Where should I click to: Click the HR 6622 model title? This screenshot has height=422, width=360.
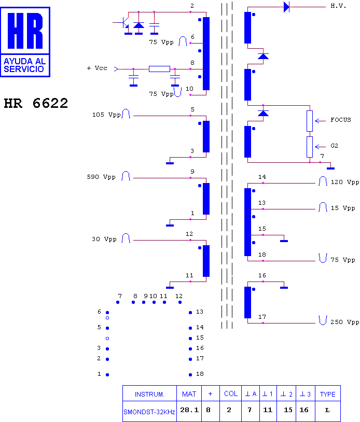coord(36,103)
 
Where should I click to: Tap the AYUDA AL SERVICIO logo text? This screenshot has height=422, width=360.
coord(24,65)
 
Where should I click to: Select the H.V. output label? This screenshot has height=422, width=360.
coord(338,6)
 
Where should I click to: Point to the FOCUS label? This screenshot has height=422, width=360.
coord(341,120)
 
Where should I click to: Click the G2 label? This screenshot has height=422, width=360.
coord(334,146)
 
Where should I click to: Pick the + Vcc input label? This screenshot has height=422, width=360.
coord(97,68)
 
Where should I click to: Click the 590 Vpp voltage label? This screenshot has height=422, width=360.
coord(101,177)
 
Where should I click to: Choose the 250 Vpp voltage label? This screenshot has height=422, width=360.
coord(344,322)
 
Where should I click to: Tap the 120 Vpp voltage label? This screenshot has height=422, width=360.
coord(344,182)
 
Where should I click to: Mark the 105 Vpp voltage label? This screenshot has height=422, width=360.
coord(106,115)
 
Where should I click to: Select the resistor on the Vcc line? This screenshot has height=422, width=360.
coord(159,69)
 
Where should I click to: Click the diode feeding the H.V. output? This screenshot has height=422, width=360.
coord(287,7)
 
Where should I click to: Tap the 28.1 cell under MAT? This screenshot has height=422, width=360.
coord(189,410)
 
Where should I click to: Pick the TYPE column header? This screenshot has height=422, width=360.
coord(327,395)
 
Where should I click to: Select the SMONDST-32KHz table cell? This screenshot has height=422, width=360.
coord(149,412)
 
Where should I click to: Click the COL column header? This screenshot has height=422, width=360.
coord(231,393)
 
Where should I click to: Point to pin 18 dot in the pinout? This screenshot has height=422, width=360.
coord(190,375)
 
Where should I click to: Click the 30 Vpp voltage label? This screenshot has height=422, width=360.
coord(104,239)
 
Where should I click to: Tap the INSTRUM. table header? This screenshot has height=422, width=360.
coord(149,395)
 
